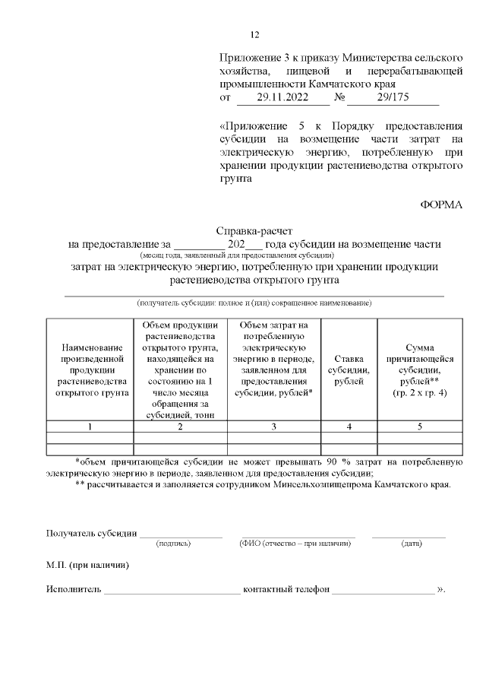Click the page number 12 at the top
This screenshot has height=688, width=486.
click(255, 34)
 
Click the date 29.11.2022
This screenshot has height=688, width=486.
click(281, 98)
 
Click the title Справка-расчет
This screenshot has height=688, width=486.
click(254, 231)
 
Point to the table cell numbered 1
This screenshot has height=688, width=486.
click(90, 426)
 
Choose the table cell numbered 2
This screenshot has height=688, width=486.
click(180, 426)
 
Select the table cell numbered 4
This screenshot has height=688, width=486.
click(349, 426)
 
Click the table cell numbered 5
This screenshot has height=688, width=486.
click(420, 426)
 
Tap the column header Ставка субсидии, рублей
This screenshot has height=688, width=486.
click(349, 369)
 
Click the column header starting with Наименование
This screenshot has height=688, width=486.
click(90, 369)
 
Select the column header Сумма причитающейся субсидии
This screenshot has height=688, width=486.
click(420, 369)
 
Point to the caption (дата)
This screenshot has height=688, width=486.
click(412, 544)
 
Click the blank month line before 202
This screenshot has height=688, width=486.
click(199, 246)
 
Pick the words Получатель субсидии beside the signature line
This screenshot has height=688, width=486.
click(91, 533)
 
